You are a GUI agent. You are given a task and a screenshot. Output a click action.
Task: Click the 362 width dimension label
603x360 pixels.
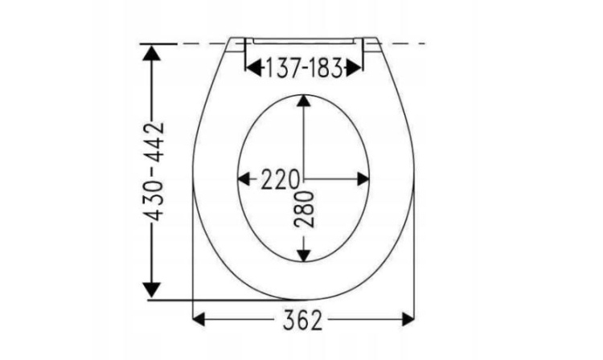pyautogui.click(x=302, y=320)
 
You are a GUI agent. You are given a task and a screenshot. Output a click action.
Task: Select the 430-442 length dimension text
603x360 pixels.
pyautogui.click(x=156, y=172)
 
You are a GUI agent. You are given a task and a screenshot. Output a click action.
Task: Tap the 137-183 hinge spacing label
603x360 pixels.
pyautogui.click(x=304, y=68)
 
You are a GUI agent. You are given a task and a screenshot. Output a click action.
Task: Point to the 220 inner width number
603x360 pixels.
pyautogui.click(x=280, y=179)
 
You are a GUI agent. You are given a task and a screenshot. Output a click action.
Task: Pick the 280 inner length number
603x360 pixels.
pyautogui.click(x=304, y=210)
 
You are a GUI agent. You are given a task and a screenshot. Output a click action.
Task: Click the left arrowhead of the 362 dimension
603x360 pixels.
pyautogui.click(x=199, y=319)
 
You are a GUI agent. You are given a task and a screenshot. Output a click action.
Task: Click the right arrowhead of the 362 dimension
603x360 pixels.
pyautogui.click(x=408, y=319)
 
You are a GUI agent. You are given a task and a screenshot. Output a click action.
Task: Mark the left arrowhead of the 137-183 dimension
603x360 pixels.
pyautogui.click(x=254, y=68)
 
